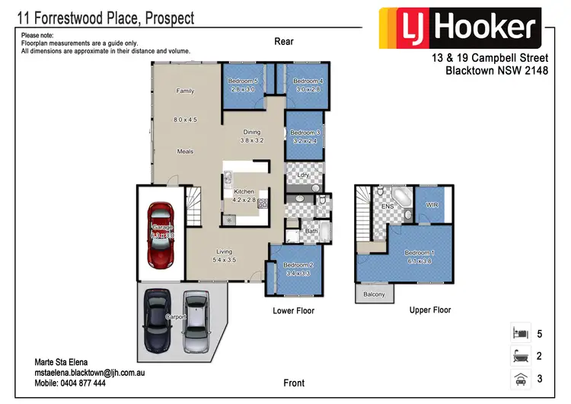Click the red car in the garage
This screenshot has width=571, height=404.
[x=161, y=236]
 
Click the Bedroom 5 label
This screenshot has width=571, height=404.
[x=244, y=81]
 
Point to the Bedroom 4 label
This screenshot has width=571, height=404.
[x=308, y=81]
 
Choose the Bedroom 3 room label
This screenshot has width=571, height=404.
[x=303, y=133]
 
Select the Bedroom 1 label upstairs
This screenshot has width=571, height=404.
[x=419, y=252]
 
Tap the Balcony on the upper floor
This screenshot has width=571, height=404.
[x=374, y=294]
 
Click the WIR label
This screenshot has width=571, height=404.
[x=432, y=205]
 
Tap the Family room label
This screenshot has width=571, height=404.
[x=185, y=91]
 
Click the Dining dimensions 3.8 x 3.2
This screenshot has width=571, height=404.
[x=252, y=140]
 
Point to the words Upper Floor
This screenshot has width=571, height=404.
[x=430, y=310]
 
